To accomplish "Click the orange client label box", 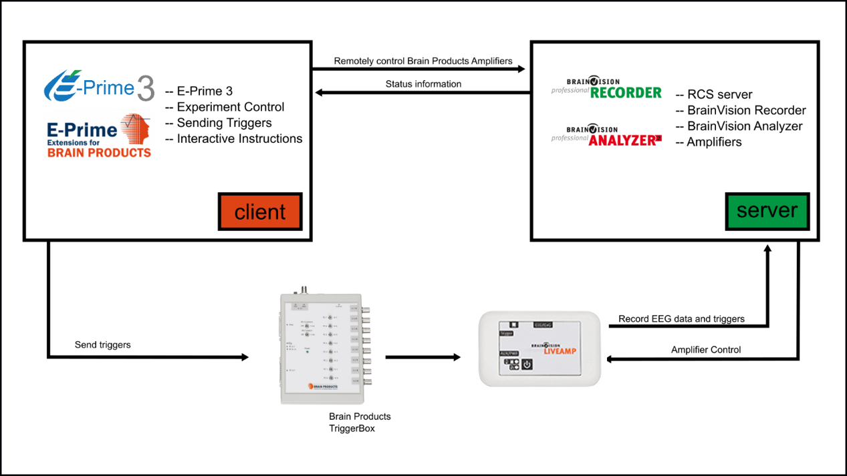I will [260, 212].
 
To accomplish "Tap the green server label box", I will [767, 211].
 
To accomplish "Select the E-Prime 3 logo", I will [99, 87].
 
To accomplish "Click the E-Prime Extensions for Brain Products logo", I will [99, 136].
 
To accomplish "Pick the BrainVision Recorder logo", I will [606, 89].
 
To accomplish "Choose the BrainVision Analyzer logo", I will [606, 136].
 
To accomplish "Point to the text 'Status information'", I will [423, 84].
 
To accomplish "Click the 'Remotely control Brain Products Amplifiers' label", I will [423, 61].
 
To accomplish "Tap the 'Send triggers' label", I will [102, 344].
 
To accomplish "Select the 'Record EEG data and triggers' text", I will [681, 318].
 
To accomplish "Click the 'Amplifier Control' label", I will [706, 349].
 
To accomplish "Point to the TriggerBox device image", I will [320, 348].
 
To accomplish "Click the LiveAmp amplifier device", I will [540, 348].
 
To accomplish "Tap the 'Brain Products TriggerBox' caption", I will [360, 423].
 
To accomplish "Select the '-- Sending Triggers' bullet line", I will [218, 123].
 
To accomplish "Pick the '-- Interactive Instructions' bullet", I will [233, 139].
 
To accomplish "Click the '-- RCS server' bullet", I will [714, 94].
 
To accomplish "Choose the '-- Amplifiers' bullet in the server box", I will [709, 142].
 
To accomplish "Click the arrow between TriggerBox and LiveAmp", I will [422, 357].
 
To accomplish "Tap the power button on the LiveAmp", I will [527, 365].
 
